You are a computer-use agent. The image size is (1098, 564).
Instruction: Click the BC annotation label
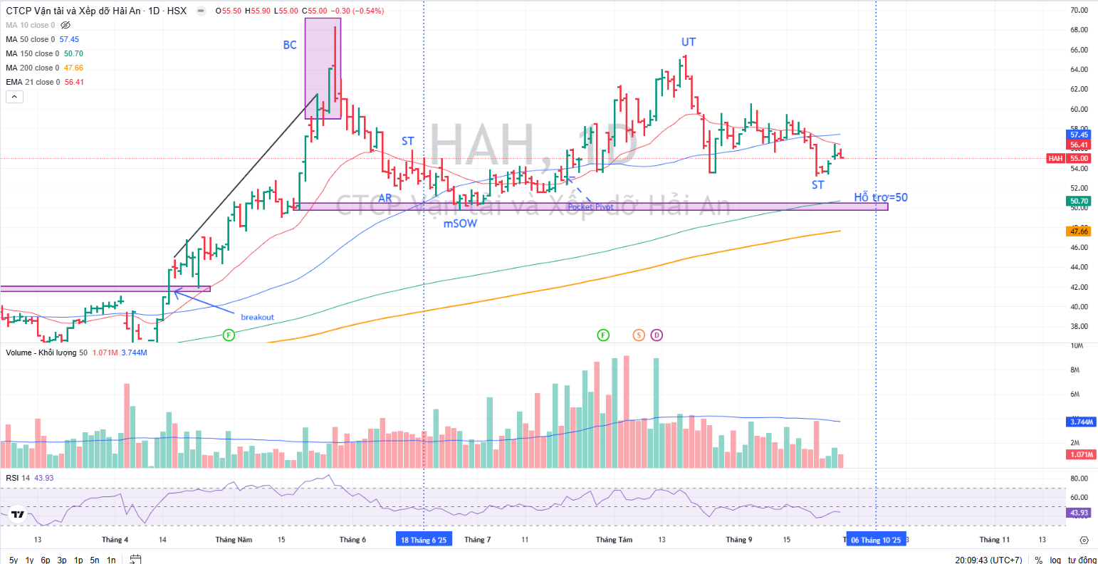tap(290, 45)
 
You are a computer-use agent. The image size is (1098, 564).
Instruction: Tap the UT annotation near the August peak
tap(689, 42)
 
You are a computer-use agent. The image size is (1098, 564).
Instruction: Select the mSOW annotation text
tap(460, 224)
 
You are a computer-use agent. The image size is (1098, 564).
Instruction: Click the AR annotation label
tap(385, 198)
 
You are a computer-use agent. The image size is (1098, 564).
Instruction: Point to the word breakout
tap(257, 317)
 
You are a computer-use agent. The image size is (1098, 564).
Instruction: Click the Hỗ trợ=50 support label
tap(881, 197)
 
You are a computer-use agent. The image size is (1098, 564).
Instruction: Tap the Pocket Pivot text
tap(590, 207)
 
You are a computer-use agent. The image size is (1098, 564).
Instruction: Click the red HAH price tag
tap(1055, 158)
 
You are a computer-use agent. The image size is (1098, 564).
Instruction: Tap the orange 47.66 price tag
tap(1079, 231)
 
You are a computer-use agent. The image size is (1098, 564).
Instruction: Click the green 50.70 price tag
tap(1079, 202)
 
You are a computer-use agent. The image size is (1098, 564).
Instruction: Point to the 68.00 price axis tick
tap(1079, 30)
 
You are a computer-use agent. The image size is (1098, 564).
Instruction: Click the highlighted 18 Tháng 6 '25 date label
tap(424, 540)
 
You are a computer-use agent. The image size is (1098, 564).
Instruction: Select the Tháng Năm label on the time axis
tap(234, 540)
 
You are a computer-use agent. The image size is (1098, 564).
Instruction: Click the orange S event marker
tap(638, 335)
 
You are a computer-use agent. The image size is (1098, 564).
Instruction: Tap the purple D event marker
tap(657, 335)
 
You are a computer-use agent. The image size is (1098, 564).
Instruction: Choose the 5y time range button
tap(14, 560)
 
